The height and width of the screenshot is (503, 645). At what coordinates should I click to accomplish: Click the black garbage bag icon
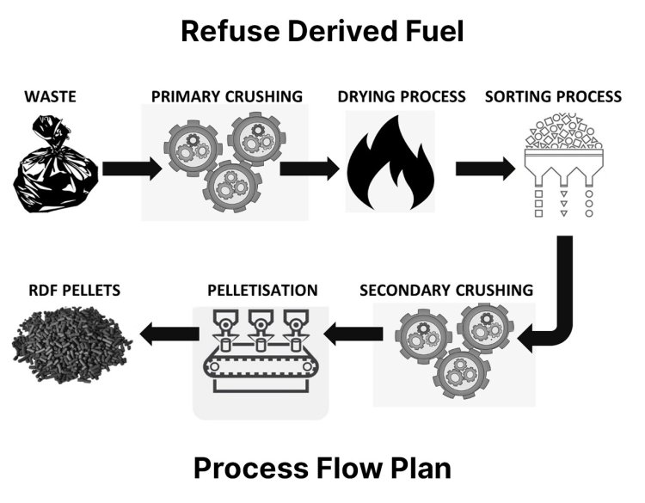56,164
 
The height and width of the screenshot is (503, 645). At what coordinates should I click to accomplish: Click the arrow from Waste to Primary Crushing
132,169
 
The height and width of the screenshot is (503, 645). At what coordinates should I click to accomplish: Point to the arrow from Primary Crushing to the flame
310,169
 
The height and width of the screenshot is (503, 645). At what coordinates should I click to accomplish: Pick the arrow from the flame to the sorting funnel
485,169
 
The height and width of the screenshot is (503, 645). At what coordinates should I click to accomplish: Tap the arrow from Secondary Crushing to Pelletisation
353,333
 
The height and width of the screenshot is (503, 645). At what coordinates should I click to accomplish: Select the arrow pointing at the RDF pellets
169,333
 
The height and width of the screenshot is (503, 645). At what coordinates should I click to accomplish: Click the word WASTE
50,96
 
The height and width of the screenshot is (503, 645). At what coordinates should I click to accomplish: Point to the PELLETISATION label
262,291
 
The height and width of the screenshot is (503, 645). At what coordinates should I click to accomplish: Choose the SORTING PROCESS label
553,96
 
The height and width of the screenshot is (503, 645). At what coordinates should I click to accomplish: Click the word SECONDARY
404,291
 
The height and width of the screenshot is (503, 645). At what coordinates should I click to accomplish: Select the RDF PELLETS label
75,291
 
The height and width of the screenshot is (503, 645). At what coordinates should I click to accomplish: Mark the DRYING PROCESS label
402,96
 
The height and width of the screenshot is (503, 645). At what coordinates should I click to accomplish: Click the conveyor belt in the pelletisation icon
261,366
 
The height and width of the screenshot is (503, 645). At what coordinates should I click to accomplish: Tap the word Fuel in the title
435,31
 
